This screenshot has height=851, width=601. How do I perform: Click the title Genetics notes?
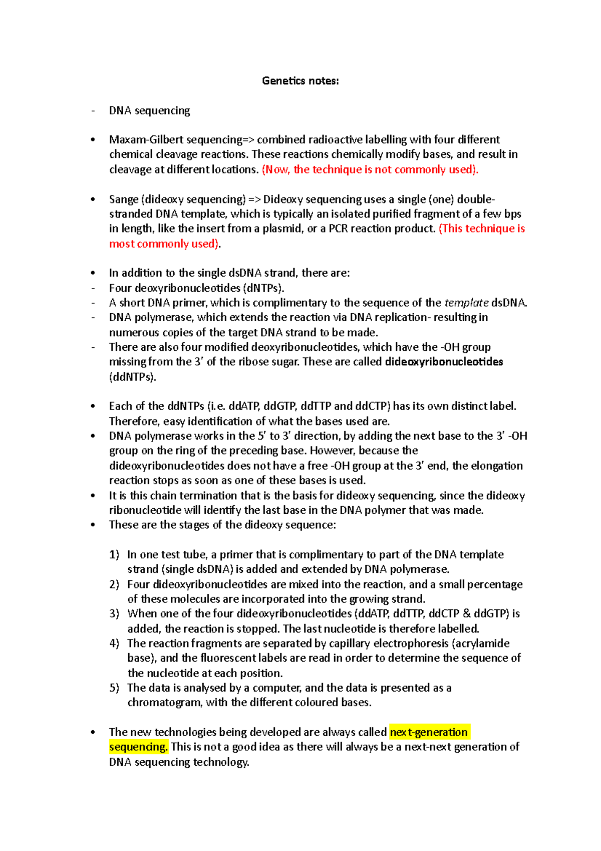(300, 81)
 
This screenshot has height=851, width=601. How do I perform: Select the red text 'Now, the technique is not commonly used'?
(370, 169)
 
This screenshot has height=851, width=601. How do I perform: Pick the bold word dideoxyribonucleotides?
(444, 362)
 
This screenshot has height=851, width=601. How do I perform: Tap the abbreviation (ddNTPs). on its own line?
(133, 376)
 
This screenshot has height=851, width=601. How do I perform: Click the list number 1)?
(114, 555)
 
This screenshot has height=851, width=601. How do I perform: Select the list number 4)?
(114, 644)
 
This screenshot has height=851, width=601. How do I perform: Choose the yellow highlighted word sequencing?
(138, 747)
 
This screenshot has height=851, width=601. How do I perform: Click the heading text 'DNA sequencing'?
(149, 110)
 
